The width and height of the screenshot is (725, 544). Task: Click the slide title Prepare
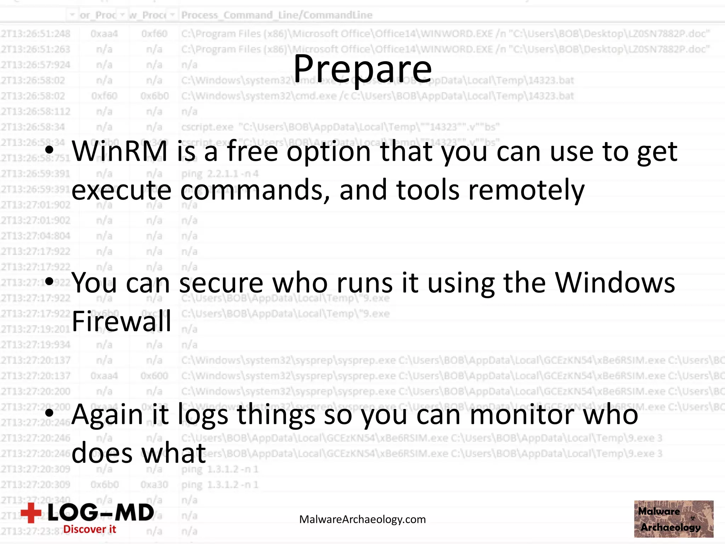(362, 69)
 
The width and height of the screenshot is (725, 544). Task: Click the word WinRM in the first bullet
(120, 152)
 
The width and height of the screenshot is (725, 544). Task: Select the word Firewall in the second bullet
(121, 321)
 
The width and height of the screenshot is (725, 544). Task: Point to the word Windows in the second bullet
(615, 283)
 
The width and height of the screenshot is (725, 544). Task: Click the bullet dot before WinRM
(50, 150)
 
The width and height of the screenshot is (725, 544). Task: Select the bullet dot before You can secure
(50, 282)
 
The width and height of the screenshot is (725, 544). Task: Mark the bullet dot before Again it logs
(50, 413)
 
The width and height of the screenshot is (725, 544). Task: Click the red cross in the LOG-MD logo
(31, 512)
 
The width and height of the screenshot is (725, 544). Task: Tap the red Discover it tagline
(90, 529)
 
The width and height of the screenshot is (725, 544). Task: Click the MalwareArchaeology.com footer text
(362, 519)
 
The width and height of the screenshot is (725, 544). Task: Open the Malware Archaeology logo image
(673, 519)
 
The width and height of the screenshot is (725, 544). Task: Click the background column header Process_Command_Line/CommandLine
(277, 15)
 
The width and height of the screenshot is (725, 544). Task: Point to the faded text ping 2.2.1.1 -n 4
(220, 174)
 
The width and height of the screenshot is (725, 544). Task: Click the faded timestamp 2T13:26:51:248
(35, 34)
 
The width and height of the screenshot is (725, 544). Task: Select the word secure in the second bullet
(221, 283)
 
